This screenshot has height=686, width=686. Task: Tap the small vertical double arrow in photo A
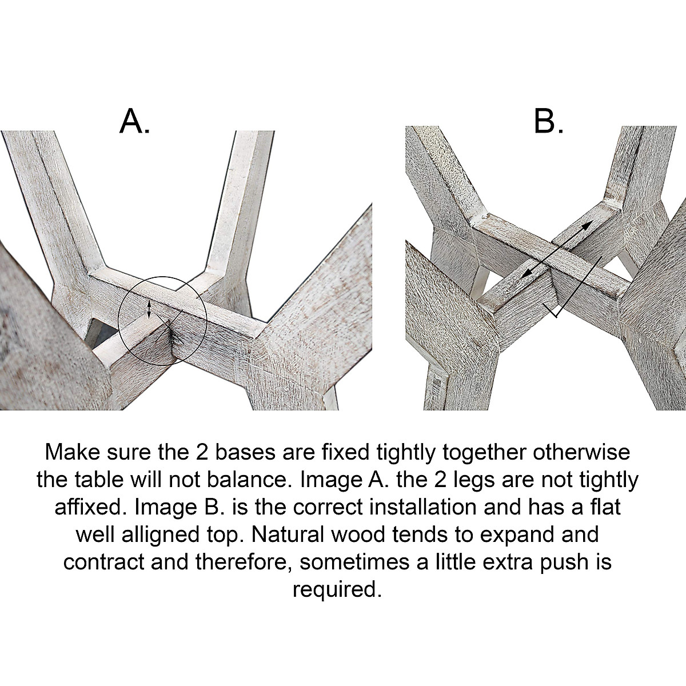click(x=150, y=309)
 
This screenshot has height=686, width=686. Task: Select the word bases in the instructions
click(x=245, y=452)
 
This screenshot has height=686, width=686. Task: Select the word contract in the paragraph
click(x=103, y=562)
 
